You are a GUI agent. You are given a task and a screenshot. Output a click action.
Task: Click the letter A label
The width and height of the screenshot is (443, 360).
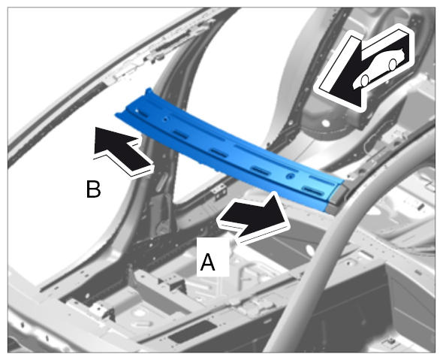[208, 262]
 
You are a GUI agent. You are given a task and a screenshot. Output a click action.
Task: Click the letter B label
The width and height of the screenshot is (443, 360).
[93, 189]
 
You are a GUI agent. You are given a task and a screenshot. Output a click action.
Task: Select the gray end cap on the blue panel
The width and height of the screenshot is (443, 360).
[337, 198]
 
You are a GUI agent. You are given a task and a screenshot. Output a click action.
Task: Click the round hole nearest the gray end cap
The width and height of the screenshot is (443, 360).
[289, 177]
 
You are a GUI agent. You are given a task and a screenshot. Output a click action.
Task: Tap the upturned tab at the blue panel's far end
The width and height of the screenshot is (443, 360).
[149, 92]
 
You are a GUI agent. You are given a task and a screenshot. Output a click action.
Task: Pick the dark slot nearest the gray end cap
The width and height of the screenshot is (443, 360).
[312, 191]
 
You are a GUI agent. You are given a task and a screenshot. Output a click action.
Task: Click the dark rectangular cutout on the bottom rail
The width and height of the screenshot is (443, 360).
[191, 331]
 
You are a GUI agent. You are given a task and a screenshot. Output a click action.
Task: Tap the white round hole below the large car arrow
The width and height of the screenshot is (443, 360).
[326, 123]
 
